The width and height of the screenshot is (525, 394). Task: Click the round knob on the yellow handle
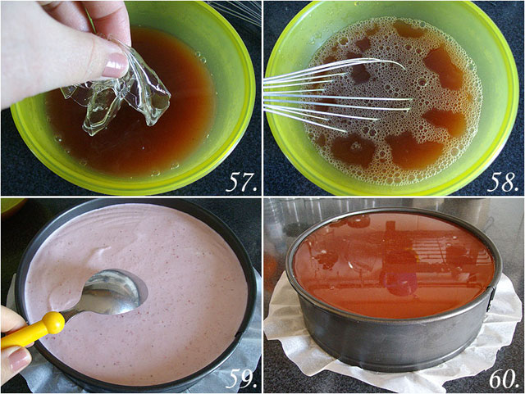[x=53, y=323]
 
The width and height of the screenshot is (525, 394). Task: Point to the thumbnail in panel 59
[x=17, y=360]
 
